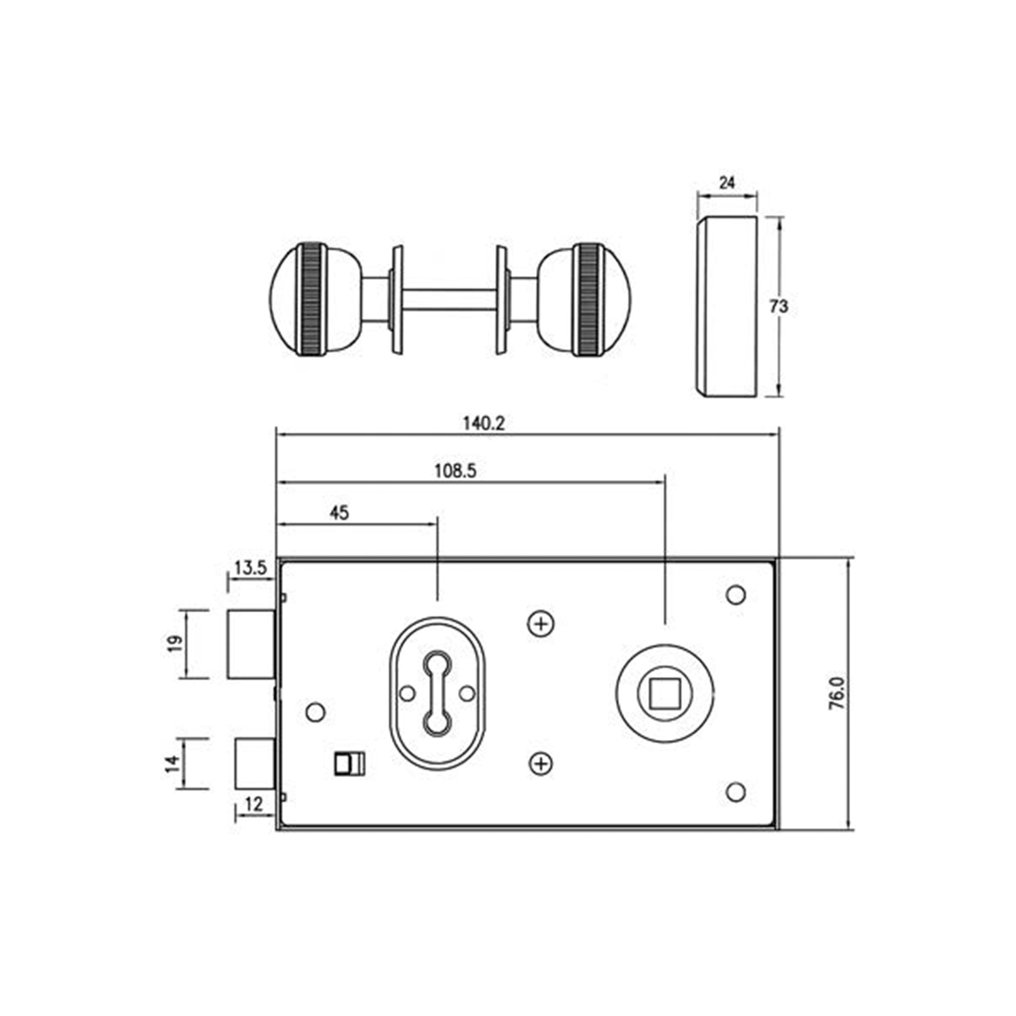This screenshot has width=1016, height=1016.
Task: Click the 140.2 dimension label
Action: pos(483,423)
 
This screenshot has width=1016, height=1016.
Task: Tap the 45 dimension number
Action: pos(339,512)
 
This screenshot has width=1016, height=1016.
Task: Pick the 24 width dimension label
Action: pos(726,181)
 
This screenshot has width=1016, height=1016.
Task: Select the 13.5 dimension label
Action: pos(251,568)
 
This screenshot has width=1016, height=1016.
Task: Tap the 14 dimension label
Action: pos(173,763)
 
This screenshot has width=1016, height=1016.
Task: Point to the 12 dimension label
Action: pos(253,803)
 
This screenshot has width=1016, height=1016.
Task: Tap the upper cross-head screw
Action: pos(540,625)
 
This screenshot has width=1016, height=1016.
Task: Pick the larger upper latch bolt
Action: pos(250,644)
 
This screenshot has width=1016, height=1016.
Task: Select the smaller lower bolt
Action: pos(253,763)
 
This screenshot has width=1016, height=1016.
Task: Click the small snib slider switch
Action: pos(349,764)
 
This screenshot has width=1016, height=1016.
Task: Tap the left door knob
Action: pos(310,300)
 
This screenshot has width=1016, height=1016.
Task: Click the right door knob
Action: pos(588,300)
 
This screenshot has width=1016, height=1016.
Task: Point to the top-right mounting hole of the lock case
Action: pos(736,594)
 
